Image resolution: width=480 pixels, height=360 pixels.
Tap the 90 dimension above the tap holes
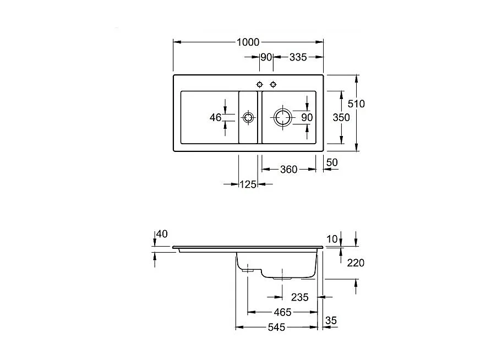coord(266,57)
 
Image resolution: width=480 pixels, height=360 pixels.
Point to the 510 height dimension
coord(357,103)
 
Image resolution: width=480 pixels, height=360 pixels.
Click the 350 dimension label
coord(341,117)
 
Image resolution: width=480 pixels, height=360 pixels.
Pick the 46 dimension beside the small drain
coord(215,117)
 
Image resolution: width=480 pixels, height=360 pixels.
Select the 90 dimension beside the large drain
coord(307,117)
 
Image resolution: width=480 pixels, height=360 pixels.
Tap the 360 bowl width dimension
coord(288,170)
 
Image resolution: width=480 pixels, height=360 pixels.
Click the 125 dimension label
coord(248,184)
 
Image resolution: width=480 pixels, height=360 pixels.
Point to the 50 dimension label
coord(332,162)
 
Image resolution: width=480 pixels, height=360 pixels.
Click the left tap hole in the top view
coord(260,84)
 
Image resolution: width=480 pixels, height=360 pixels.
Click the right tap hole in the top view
coord(273,84)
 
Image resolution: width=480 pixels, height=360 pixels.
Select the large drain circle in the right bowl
coord(282,117)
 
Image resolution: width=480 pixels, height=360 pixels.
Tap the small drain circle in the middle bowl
coord(248,117)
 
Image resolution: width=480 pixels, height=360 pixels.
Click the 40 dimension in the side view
coord(161,234)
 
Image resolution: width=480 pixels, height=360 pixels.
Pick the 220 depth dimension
coord(356,263)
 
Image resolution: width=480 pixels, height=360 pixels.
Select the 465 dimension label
coord(282,312)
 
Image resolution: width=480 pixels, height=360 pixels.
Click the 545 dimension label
coord(276,328)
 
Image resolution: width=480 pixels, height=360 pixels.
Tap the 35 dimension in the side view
coord(331,320)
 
